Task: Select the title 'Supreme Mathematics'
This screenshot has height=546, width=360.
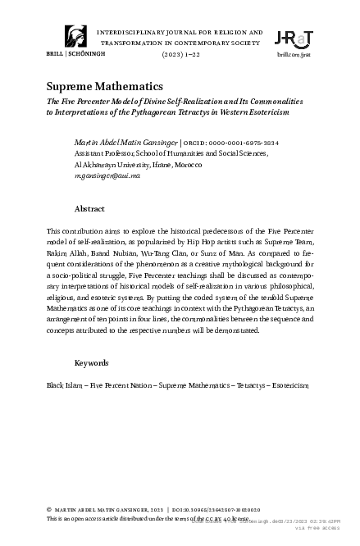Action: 104,86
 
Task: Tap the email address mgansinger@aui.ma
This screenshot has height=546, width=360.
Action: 109,175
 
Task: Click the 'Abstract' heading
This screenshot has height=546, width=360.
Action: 89,209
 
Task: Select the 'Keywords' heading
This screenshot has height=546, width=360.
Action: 92,362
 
